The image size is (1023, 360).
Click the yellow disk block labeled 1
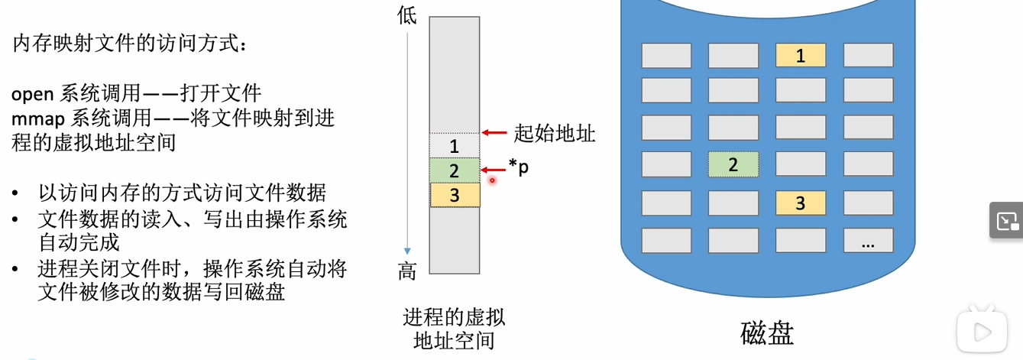801,56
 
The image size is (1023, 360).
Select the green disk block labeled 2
733,164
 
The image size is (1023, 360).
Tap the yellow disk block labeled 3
801,203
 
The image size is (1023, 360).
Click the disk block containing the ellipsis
868,241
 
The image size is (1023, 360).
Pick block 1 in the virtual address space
454,145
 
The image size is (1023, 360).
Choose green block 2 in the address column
454,170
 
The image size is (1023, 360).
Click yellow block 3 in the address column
454,195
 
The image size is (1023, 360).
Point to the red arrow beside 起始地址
495,134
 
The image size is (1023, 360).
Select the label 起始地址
555,134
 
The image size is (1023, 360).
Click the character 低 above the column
406,15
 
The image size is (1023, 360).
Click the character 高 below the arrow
406,271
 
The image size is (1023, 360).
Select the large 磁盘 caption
767,333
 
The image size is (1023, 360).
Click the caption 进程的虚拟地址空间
454,328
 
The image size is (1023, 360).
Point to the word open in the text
32,94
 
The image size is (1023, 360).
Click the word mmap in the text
37,118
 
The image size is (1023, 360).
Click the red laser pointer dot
493,180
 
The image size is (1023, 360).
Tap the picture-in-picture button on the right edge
1006,222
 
